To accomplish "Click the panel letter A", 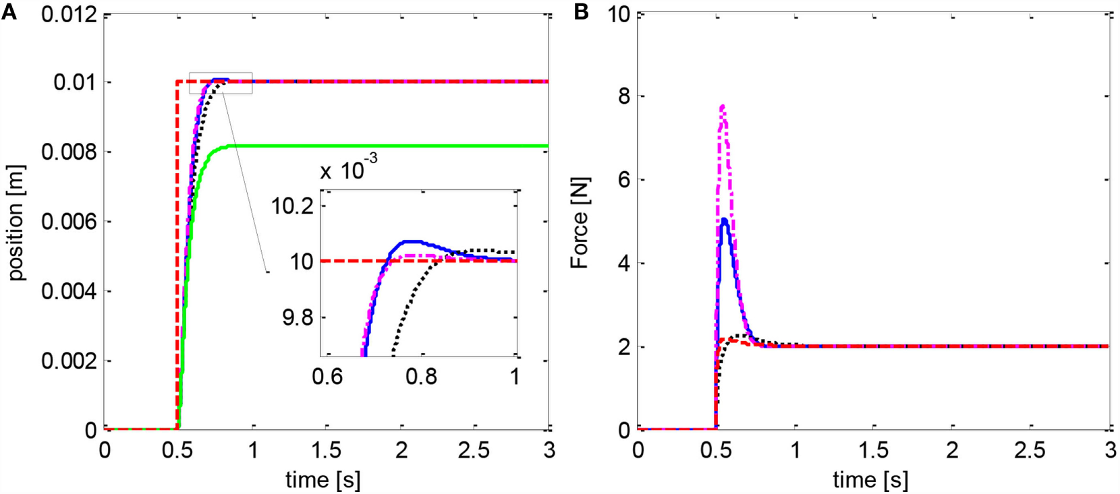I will (9, 11).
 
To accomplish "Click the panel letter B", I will (581, 11).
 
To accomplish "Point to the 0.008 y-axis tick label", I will (69, 152).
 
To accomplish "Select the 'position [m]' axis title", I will (16, 222).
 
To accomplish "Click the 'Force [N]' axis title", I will (580, 222).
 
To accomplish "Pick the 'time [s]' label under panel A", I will (323, 479).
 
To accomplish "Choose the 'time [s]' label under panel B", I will (870, 479).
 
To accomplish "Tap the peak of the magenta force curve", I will (723, 106).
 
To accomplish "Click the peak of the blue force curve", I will (724, 219).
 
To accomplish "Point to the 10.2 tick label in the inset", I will (293, 206).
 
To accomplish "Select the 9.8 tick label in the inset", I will (298, 317).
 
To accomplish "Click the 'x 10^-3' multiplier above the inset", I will (348, 168).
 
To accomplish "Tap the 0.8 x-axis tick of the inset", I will (421, 376).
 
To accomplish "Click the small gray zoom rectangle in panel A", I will (221, 83).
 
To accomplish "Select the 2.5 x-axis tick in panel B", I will (1030, 450).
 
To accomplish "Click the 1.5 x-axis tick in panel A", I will (327, 450).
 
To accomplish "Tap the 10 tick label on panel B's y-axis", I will (619, 13).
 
